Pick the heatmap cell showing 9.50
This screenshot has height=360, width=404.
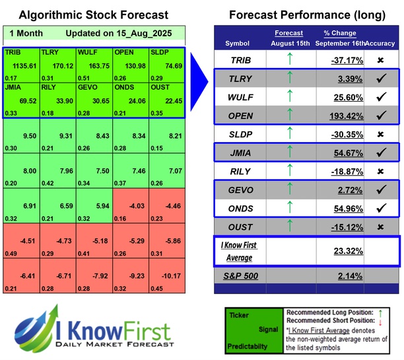coord(20,137)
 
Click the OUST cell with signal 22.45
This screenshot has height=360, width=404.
coord(167,101)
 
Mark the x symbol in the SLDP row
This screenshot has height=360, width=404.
coord(380,135)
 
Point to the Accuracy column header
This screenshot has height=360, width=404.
coord(382,43)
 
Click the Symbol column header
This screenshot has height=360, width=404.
coord(238,43)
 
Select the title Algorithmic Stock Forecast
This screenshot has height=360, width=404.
coord(94,15)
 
